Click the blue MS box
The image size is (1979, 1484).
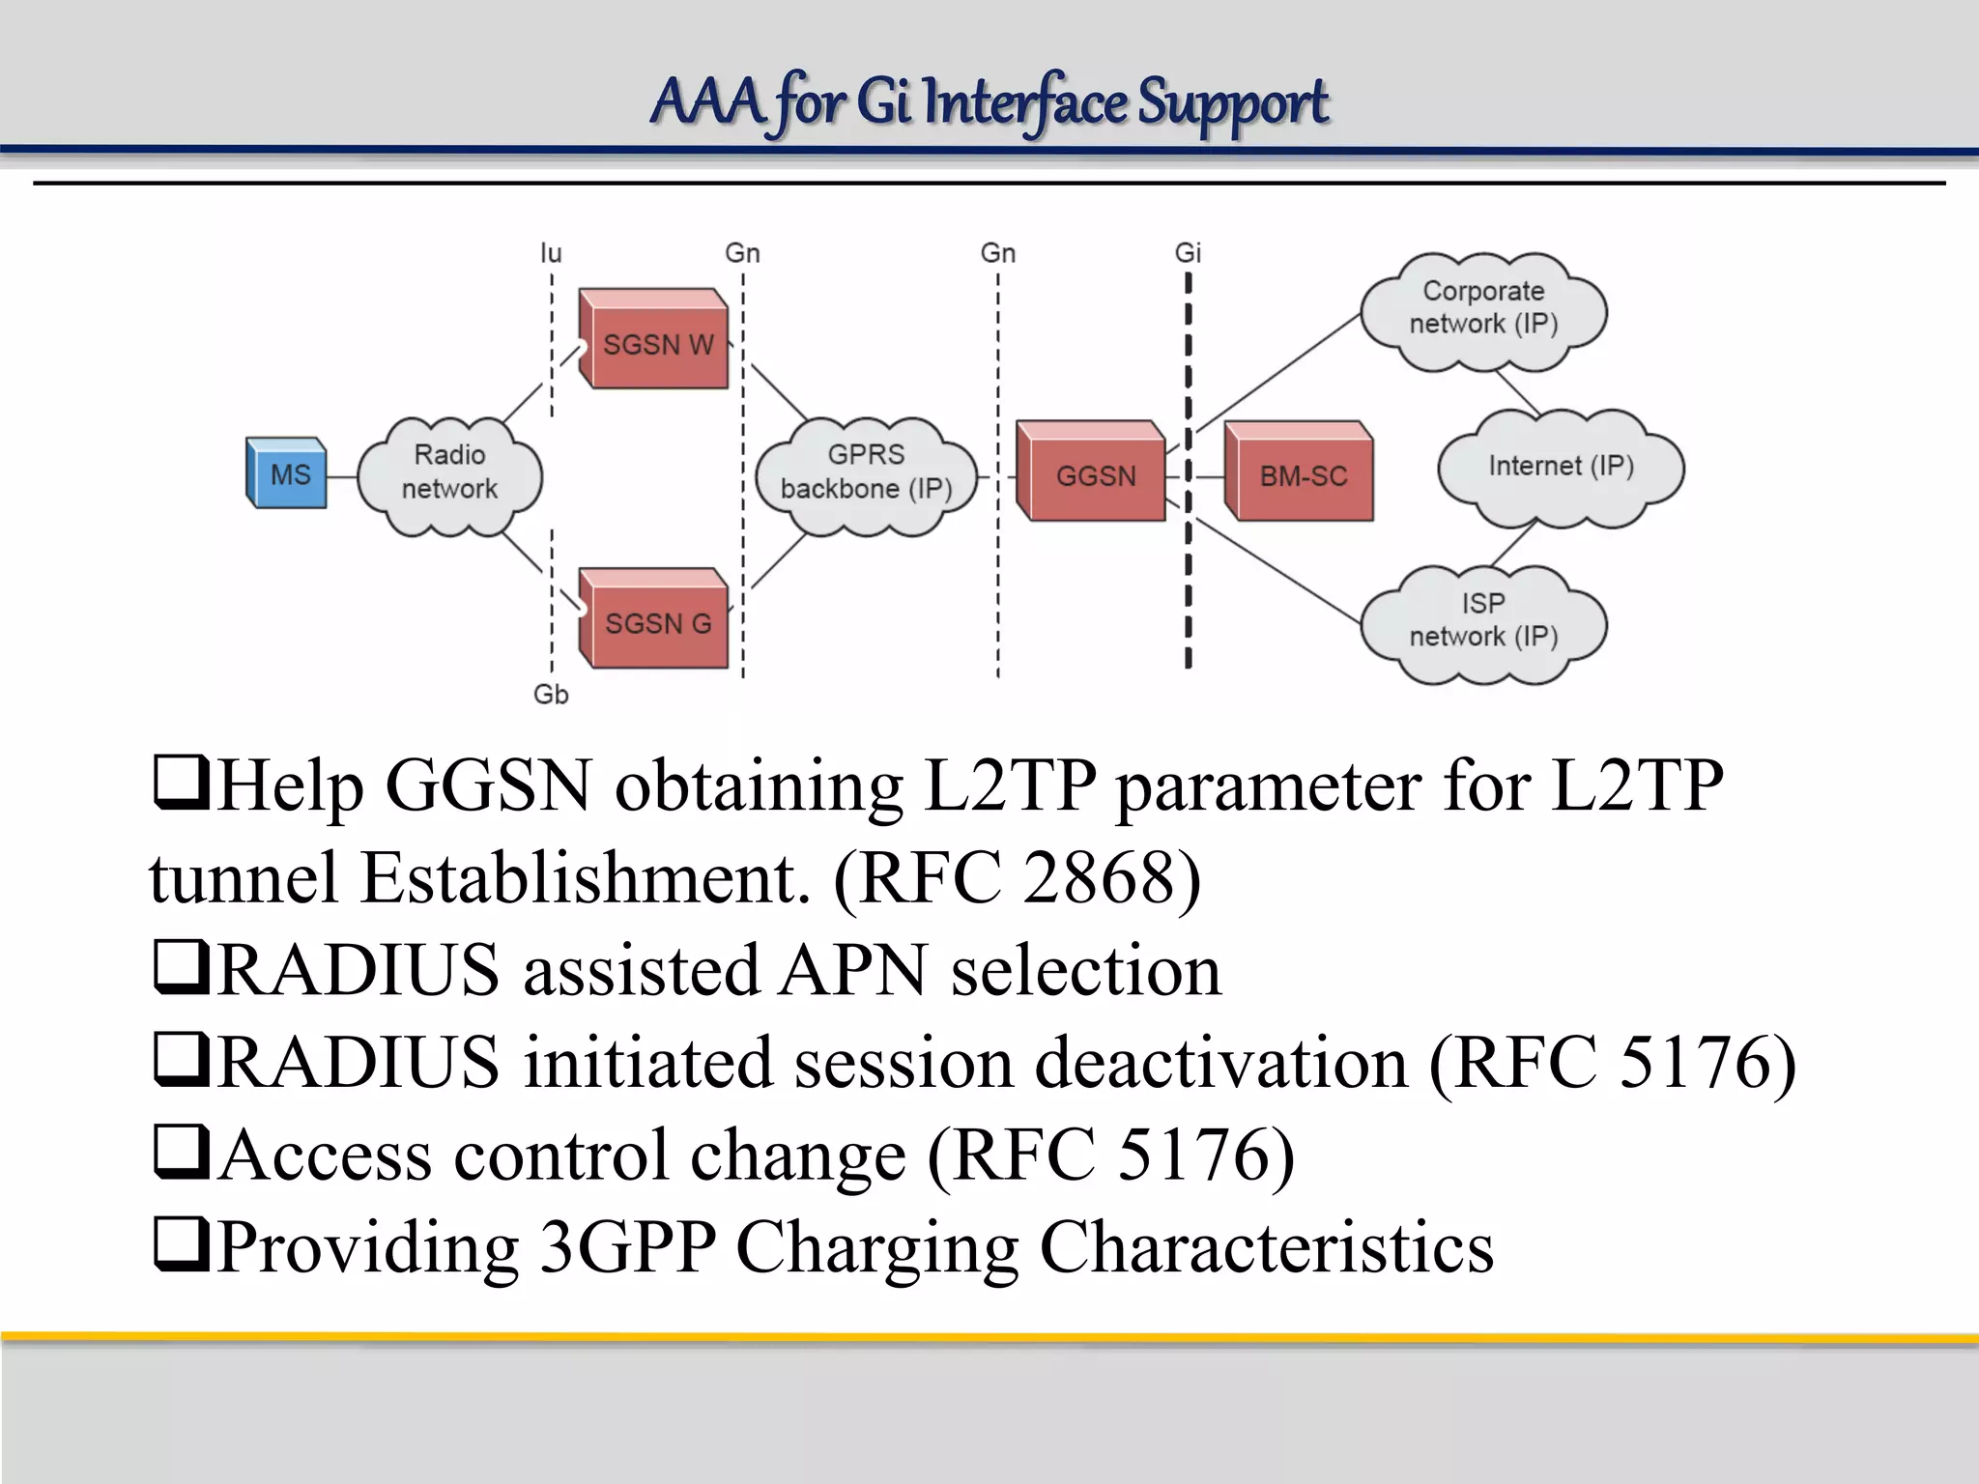pos(287,473)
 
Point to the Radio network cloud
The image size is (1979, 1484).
pos(449,473)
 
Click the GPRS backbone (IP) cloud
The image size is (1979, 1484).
pos(866,473)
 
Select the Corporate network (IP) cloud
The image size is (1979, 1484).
pos(1482,309)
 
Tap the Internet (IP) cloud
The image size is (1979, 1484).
pos(1560,467)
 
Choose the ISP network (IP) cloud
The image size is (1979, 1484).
pos(1482,621)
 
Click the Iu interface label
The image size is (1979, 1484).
pos(551,253)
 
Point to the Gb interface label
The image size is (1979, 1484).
pos(551,694)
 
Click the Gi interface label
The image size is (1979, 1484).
pos(1188,253)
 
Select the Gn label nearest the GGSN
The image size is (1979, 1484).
pos(998,253)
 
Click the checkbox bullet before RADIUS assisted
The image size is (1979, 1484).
pos(181,968)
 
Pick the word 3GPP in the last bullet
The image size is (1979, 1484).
pos(628,1246)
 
